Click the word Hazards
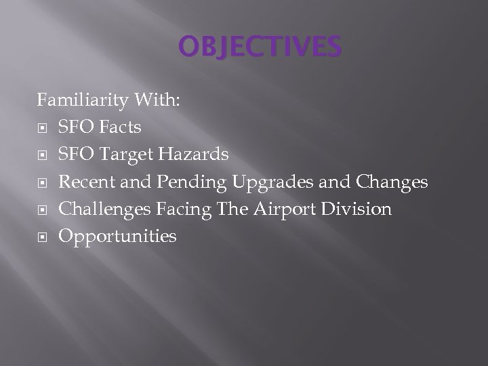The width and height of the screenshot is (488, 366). point(195,155)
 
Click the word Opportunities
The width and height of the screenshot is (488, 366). point(117,237)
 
